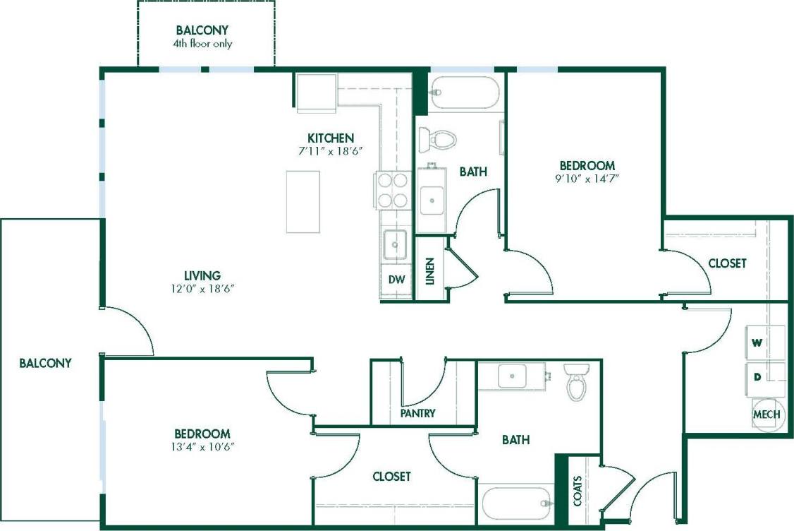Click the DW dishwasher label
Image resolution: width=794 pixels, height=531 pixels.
click(x=396, y=279)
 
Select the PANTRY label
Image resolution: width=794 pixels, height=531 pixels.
click(x=417, y=413)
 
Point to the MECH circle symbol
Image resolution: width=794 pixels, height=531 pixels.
click(x=766, y=414)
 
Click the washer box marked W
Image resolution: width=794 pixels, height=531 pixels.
click(x=765, y=343)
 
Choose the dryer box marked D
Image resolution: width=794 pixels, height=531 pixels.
click(x=765, y=376)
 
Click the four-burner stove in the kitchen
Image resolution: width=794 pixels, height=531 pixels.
click(x=392, y=190)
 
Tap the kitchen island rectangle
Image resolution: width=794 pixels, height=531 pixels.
click(x=303, y=201)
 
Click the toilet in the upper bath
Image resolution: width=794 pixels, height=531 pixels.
click(x=438, y=138)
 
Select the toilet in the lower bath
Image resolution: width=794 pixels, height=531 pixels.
click(x=577, y=382)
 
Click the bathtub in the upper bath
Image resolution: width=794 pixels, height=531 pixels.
click(x=465, y=93)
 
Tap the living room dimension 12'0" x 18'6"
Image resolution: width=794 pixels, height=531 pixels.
click(x=202, y=288)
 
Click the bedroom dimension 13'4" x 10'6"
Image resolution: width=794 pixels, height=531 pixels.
click(x=202, y=446)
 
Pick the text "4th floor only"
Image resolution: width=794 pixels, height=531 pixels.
click(x=203, y=44)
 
